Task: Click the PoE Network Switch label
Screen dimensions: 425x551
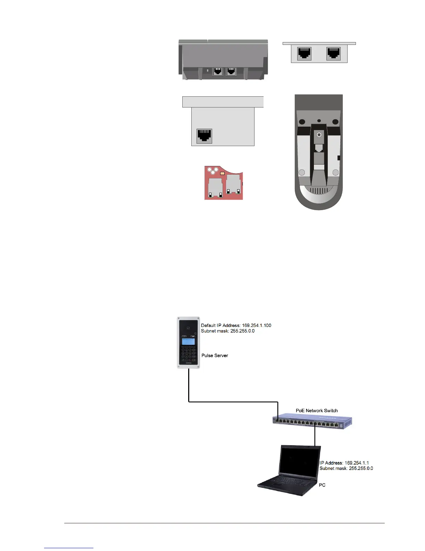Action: pyautogui.click(x=316, y=410)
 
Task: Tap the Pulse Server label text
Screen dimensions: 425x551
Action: pyautogui.click(x=215, y=356)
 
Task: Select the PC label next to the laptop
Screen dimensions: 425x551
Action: pyautogui.click(x=322, y=485)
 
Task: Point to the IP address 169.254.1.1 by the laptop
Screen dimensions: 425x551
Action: pyautogui.click(x=357, y=463)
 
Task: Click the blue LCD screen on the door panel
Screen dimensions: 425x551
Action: pyautogui.click(x=188, y=341)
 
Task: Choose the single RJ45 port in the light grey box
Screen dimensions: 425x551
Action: pyautogui.click(x=204, y=136)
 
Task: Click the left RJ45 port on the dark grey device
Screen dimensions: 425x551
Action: pyautogui.click(x=218, y=71)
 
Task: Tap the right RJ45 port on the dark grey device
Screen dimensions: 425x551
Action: pyautogui.click(x=231, y=71)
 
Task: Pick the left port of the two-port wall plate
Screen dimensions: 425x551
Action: pyautogui.click(x=305, y=54)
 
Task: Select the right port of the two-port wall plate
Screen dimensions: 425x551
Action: pyautogui.click(x=333, y=54)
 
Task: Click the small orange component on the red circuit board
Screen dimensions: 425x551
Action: pyautogui.click(x=223, y=173)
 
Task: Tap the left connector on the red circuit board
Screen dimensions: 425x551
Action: pyautogui.click(x=215, y=188)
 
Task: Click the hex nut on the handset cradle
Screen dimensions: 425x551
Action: pyautogui.click(x=319, y=135)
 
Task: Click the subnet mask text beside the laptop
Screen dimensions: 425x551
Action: pyautogui.click(x=346, y=468)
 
